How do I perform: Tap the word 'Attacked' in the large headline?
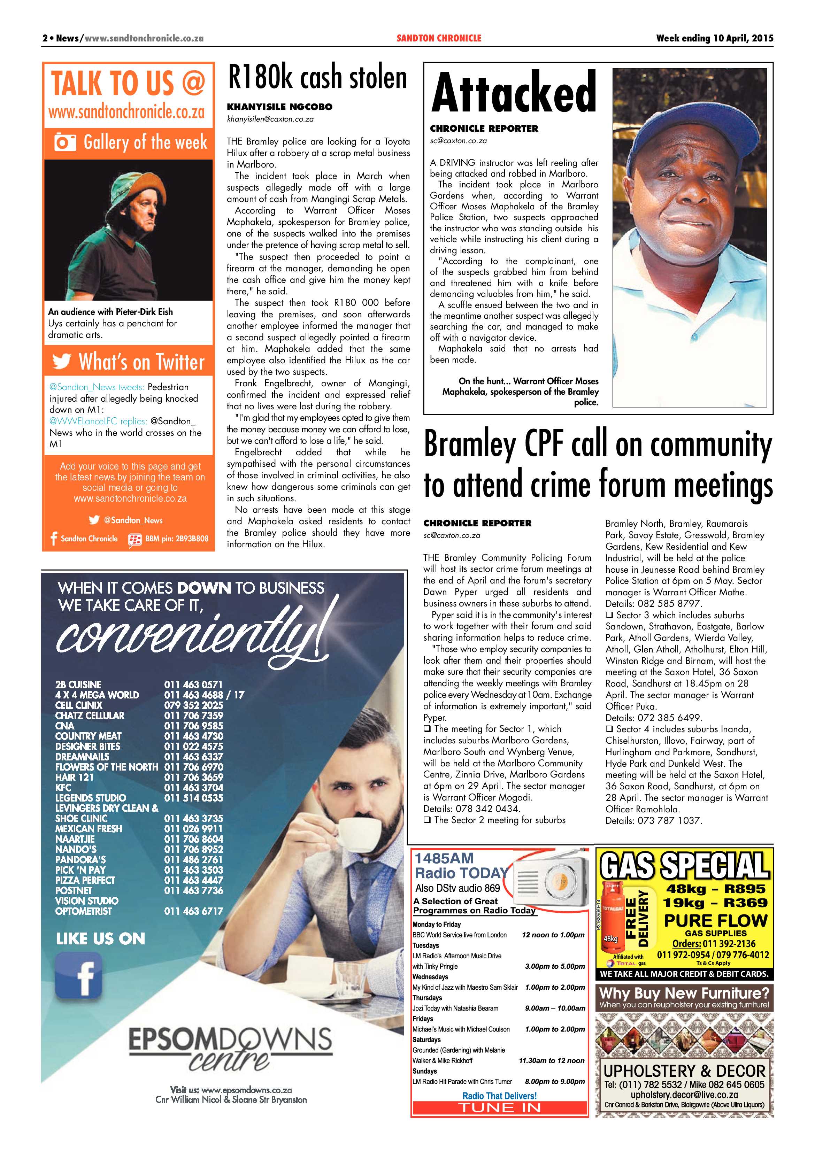point(513,92)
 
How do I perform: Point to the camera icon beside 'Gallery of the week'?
point(65,142)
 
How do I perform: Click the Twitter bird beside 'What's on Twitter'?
point(62,361)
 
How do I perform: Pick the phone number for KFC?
point(193,787)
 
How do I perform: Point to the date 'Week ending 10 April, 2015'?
point(714,38)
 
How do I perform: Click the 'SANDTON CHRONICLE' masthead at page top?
point(439,38)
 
